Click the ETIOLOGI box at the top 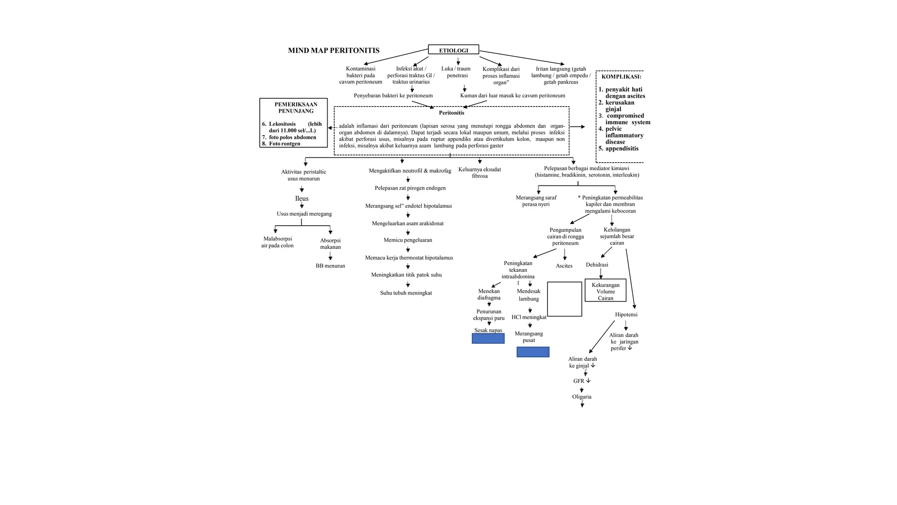click(453, 50)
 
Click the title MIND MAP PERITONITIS click(334, 50)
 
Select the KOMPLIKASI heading click(621, 77)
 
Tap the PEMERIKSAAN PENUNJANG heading click(296, 107)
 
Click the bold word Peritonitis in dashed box click(452, 113)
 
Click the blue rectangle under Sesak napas click(488, 338)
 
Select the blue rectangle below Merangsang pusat click(533, 352)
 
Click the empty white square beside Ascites click(565, 299)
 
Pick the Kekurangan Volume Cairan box click(605, 291)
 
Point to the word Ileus click(302, 199)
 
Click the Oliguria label click(582, 397)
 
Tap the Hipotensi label click(626, 315)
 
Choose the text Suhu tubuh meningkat click(406, 293)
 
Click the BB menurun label click(330, 266)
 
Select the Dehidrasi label click(597, 265)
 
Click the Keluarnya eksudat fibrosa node click(480, 173)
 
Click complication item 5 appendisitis click(622, 149)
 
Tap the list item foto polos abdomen click(292, 137)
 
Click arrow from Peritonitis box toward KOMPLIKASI click(577, 127)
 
